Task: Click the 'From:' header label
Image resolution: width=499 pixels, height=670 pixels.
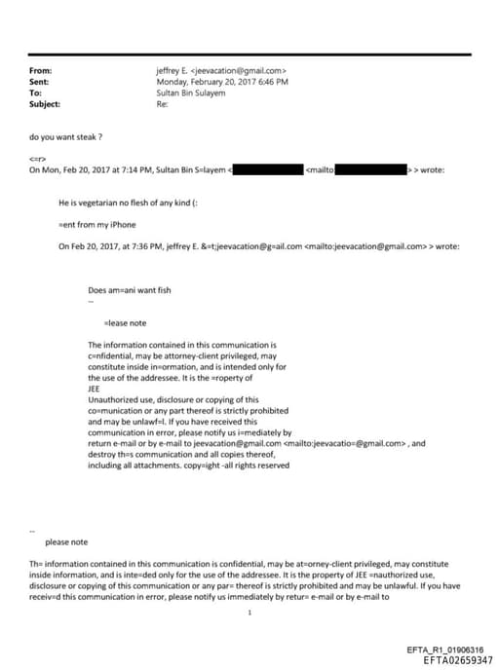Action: point(40,71)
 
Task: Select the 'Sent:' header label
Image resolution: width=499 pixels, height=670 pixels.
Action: point(39,82)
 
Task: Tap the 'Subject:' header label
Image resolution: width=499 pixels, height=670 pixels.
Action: point(45,104)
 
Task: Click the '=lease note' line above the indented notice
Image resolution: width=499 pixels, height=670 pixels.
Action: point(125,322)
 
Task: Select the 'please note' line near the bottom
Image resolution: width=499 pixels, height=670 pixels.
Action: point(66,542)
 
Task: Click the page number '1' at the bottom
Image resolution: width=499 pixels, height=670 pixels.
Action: point(249,612)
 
